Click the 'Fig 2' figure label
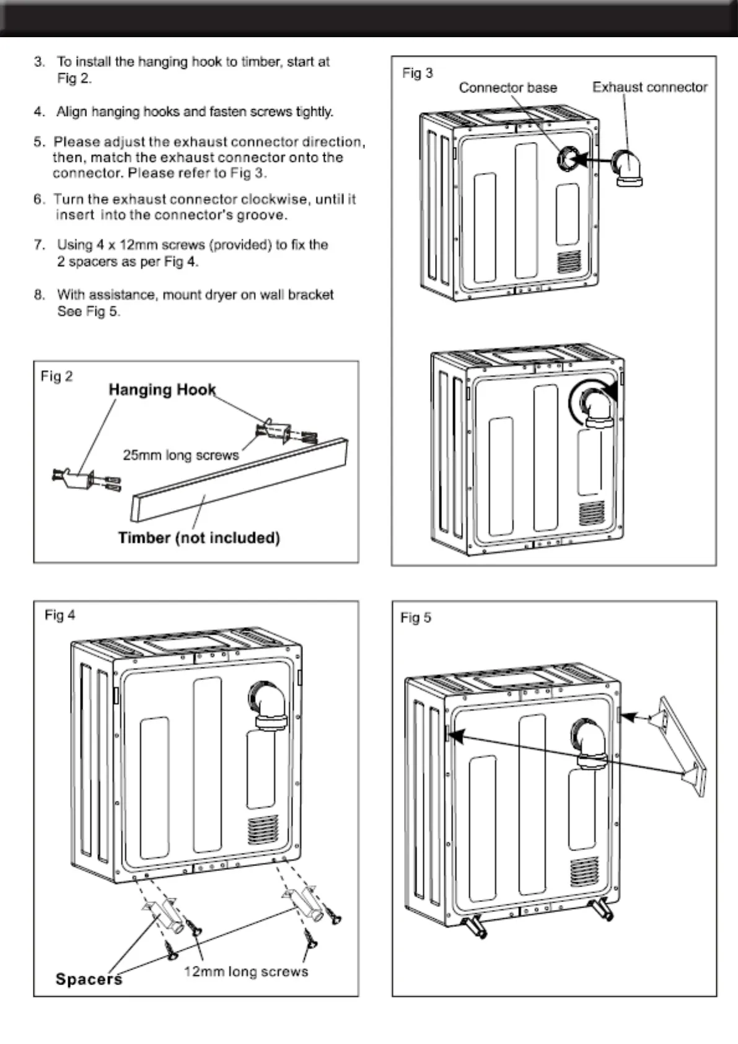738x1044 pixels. tap(56, 376)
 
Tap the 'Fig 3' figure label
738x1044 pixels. tap(417, 73)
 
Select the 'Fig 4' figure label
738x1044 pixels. tap(59, 615)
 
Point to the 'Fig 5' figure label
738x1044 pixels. tap(415, 617)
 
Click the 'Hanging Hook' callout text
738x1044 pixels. tap(162, 390)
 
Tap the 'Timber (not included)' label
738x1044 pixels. tap(199, 537)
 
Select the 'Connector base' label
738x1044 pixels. tap(507, 88)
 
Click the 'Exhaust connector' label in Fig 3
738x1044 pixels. tap(649, 87)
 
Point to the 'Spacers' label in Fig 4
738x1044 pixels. tap(89, 979)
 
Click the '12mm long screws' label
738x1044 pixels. tap(246, 971)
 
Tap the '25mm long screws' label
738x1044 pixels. tap(180, 455)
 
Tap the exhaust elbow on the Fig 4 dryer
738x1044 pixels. tap(267, 705)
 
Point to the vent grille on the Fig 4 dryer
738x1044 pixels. tap(259, 831)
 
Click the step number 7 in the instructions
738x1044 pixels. tap(40, 245)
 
